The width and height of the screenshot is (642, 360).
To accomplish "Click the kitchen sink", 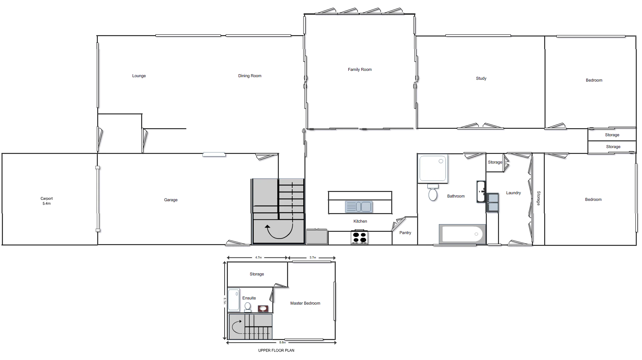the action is click(x=359, y=207).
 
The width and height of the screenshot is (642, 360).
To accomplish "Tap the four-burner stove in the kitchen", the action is click(x=359, y=237).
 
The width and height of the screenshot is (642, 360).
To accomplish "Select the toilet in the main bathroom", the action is click(x=433, y=193).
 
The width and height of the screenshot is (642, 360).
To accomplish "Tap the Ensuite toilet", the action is click(x=248, y=307).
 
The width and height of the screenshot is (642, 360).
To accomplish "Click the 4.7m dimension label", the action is click(x=258, y=258).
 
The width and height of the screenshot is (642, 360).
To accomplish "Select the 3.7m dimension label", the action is click(x=313, y=258).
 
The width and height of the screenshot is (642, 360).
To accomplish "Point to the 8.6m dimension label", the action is click(x=283, y=343).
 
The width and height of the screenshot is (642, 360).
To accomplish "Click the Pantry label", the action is click(x=405, y=233).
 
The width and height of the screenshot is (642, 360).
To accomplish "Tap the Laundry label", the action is click(x=513, y=193).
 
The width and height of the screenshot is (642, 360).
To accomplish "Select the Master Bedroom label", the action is click(x=305, y=304).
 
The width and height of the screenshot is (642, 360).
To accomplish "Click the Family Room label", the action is click(x=359, y=69).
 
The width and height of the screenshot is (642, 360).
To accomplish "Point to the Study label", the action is click(x=481, y=78).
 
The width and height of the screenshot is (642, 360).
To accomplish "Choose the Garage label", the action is click(x=170, y=200).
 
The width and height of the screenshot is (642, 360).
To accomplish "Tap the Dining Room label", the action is click(x=250, y=76).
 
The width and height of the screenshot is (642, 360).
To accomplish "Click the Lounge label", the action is click(x=139, y=76).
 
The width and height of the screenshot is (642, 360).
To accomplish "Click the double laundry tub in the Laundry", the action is click(x=492, y=203).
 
